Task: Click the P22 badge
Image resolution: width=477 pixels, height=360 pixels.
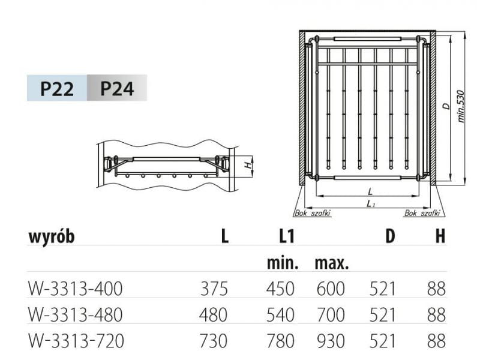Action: click(57, 88)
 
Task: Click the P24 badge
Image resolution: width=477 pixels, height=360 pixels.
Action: click(117, 88)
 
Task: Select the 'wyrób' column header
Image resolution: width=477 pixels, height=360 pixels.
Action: click(52, 237)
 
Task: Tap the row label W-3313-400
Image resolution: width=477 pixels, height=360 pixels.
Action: click(76, 289)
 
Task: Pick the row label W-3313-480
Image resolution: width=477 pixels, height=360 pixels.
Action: click(76, 314)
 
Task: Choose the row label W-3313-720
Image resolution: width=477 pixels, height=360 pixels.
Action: click(76, 341)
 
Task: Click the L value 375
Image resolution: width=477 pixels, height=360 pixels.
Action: click(214, 289)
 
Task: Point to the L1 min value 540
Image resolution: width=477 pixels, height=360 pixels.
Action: click(280, 314)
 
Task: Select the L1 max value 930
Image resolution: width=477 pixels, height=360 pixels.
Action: click(331, 341)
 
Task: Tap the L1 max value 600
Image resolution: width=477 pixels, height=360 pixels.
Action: click(331, 289)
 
